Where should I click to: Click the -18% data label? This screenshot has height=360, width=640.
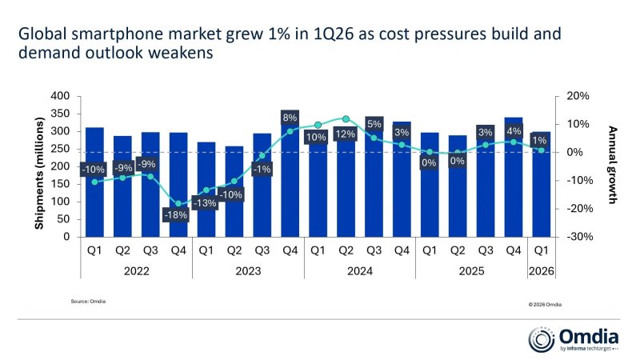(x=178, y=215)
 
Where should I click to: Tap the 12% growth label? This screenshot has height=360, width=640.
(x=346, y=134)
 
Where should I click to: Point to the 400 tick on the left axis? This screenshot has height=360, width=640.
(x=61, y=96)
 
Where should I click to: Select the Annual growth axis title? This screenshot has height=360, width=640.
(x=613, y=166)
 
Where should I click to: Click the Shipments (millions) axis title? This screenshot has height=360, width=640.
(x=38, y=166)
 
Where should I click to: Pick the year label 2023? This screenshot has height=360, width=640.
(x=248, y=270)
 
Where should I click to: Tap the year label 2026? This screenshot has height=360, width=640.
(x=542, y=270)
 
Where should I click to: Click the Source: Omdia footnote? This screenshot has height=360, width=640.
(x=88, y=301)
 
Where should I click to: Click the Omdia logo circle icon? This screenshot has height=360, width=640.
(x=541, y=339)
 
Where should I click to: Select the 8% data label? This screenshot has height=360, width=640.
(x=290, y=118)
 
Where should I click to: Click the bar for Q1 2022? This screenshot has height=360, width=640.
(x=94, y=182)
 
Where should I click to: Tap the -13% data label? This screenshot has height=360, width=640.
(x=206, y=203)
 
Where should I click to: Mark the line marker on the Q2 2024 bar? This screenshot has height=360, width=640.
(x=346, y=118)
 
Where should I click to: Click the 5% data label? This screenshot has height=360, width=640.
(x=374, y=124)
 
